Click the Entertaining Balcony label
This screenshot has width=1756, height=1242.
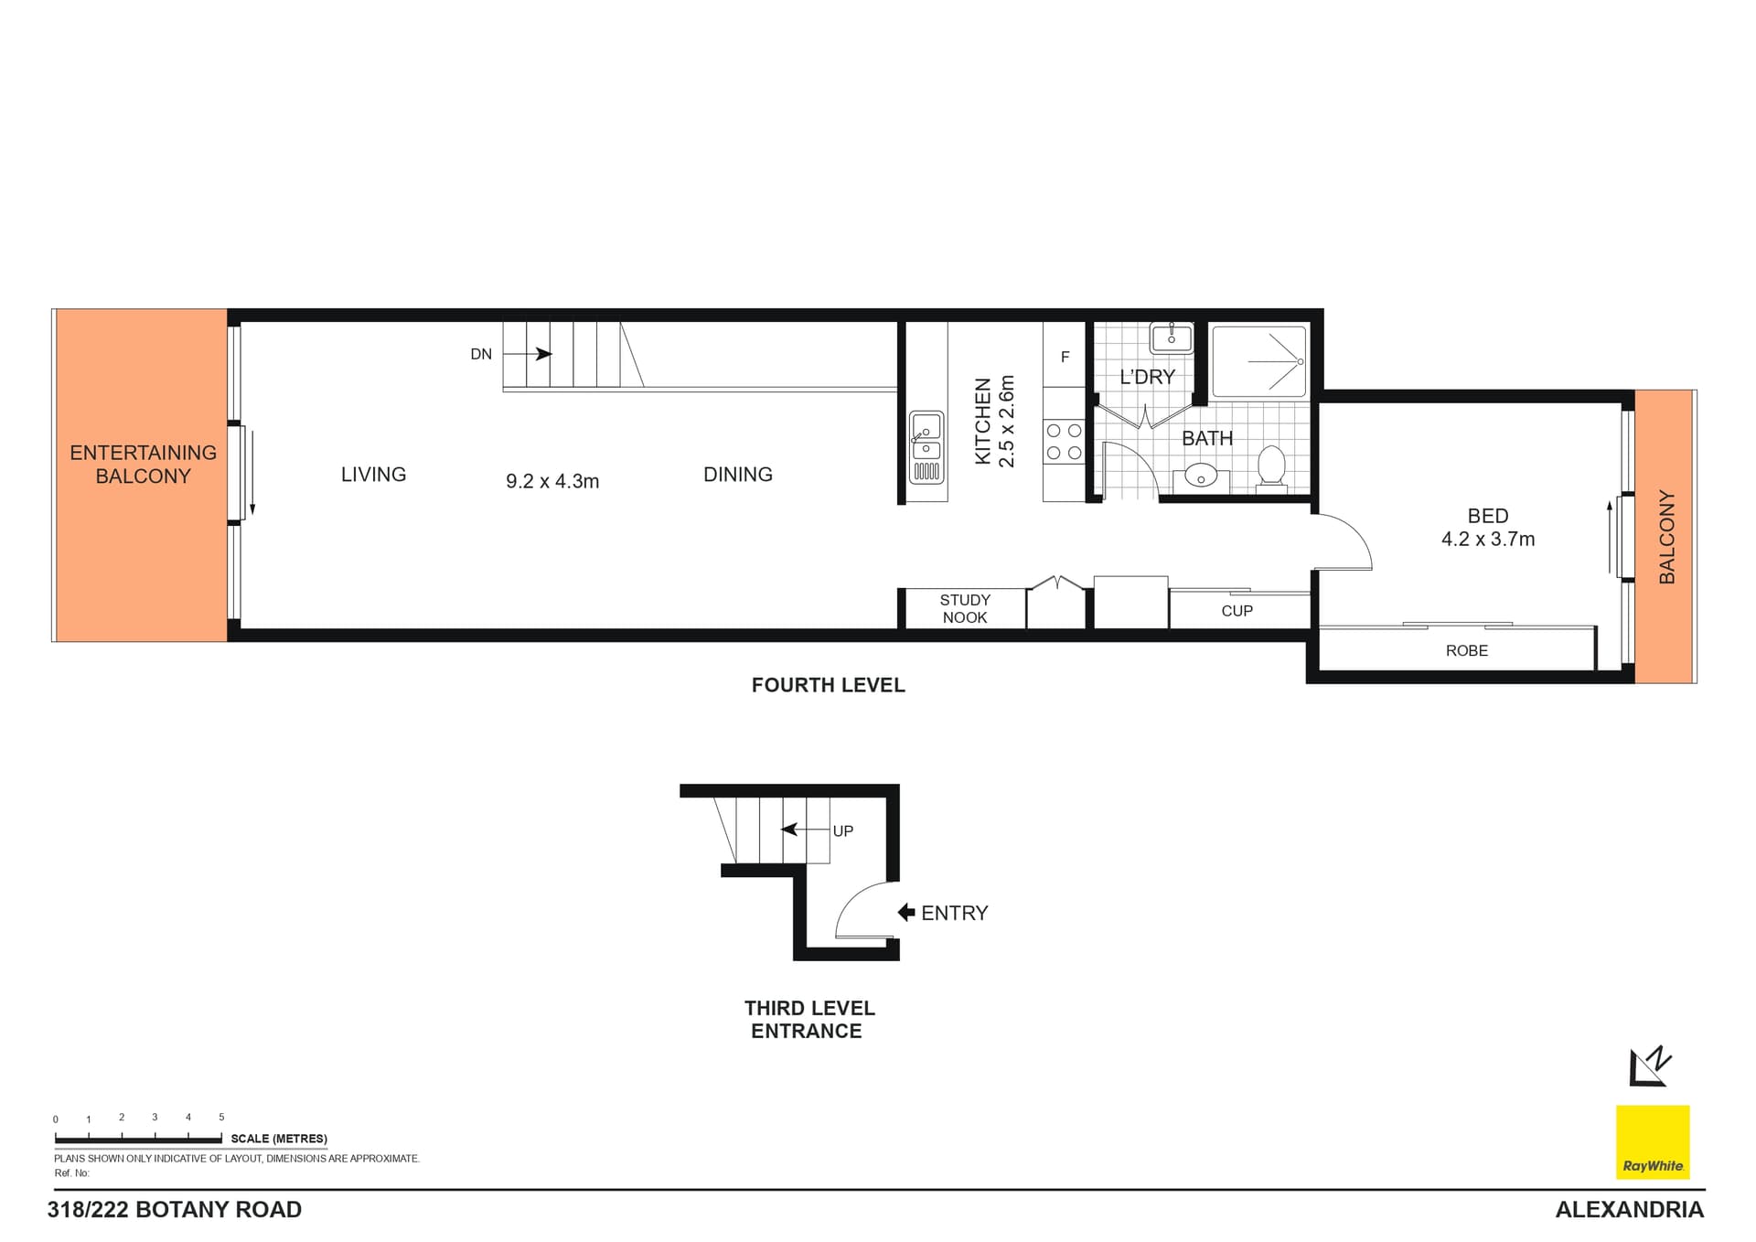143,465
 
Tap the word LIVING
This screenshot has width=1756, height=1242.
373,475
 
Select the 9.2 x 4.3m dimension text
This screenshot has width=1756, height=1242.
552,481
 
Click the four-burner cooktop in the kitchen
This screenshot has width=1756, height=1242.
1064,442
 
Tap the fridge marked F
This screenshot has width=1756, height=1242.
1065,357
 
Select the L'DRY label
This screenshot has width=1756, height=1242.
1147,377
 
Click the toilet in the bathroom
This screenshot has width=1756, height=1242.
1271,466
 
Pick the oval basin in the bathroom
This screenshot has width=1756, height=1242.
1200,476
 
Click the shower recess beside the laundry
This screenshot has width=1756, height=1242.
1258,361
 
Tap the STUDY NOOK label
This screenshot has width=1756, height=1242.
965,608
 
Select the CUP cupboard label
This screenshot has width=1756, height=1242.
1237,611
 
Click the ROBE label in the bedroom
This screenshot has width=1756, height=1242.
1466,650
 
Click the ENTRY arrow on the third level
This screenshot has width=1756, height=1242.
906,912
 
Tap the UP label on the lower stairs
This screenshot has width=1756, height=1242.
842,830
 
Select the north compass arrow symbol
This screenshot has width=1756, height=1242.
1650,1066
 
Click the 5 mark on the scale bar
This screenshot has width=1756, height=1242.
221,1117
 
